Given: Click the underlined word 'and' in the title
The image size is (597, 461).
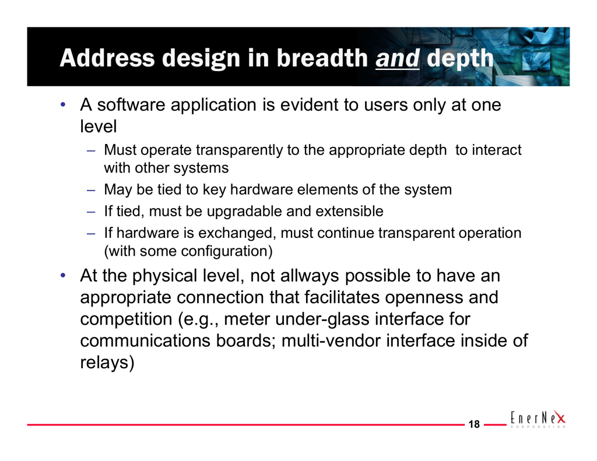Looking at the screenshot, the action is point(398,58).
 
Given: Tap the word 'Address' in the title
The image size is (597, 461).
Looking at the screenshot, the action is point(107,58).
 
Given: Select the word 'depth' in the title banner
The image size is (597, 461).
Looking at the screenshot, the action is point(460,59).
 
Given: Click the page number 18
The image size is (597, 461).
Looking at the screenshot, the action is point(474,424).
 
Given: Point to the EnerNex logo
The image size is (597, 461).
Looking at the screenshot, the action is point(538,418).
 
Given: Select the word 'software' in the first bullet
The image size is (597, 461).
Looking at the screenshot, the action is point(131,105).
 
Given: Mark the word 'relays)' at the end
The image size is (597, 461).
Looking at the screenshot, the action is point(107,363).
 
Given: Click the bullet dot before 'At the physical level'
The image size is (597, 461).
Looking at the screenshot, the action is point(63,275).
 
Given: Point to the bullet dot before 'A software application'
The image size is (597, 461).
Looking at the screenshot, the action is point(63,104).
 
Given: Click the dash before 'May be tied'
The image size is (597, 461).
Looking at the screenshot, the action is point(90,189).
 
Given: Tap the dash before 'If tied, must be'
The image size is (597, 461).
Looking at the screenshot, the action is point(90,212).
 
